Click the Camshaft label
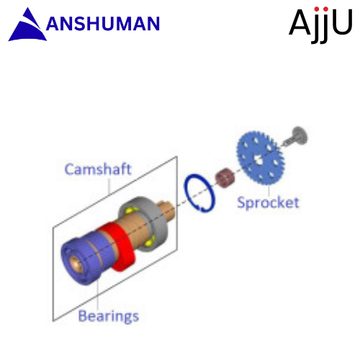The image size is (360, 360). point(98,169)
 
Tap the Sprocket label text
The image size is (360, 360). point(268,203)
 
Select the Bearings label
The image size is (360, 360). point(109,316)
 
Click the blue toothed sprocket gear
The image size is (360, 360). point(261,158)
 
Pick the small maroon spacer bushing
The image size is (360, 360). point(225,178)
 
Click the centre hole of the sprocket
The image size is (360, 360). point(258,159)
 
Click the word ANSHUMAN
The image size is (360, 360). point(103,24)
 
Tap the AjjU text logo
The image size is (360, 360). point(320,24)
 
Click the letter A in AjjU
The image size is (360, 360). point(300,22)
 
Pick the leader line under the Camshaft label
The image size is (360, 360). point(109,185)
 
